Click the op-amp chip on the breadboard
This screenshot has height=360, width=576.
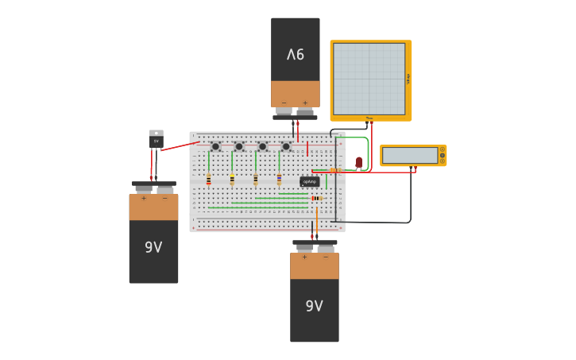[310, 181]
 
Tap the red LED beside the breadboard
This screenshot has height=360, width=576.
[358, 162]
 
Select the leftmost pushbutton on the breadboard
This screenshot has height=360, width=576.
[215, 146]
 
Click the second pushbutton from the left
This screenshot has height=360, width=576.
[238, 146]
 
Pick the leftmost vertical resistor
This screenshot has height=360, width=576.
[209, 180]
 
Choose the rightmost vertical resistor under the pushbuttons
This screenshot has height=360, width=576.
[279, 180]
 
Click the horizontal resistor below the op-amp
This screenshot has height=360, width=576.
[316, 198]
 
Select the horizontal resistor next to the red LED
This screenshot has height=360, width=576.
[335, 170]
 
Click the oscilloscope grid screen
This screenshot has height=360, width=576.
[369, 79]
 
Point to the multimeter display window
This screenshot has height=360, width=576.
[410, 155]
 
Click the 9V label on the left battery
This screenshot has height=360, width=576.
[153, 248]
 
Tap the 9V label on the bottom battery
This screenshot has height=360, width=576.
[314, 306]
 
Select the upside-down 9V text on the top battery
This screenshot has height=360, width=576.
[296, 55]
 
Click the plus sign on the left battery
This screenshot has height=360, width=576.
[143, 199]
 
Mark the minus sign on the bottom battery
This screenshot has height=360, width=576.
[325, 257]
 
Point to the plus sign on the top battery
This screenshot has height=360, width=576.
[305, 103]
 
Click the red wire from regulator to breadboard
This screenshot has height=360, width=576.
[180, 145]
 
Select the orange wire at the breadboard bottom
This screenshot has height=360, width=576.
[316, 219]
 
